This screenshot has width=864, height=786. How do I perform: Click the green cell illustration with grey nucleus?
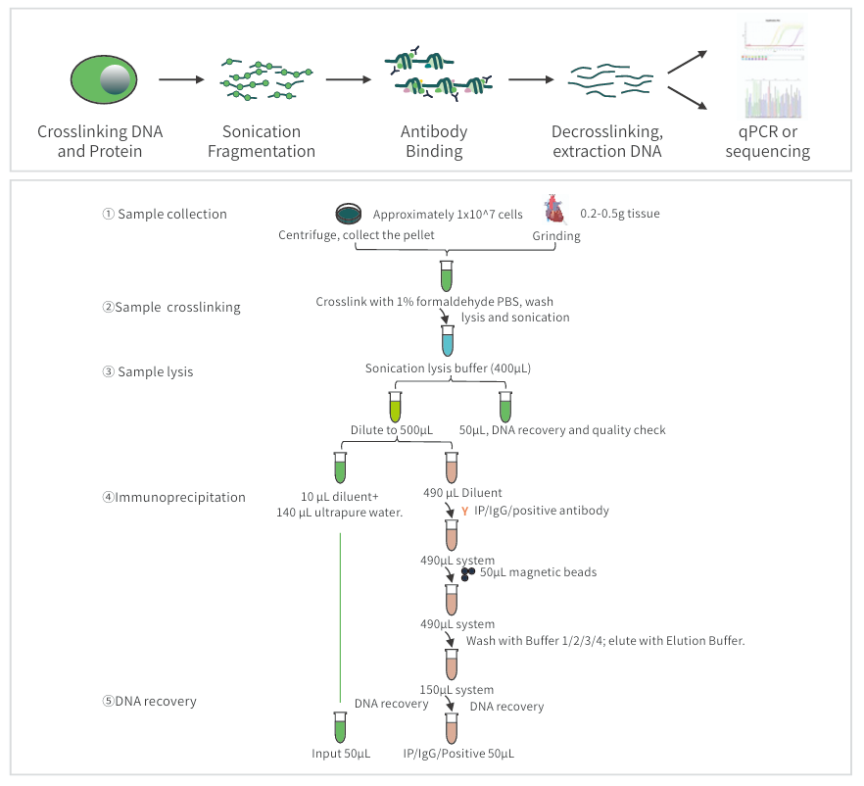click(104, 79)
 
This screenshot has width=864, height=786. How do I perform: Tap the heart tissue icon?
click(554, 210)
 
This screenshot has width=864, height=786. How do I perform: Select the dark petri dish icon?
click(349, 214)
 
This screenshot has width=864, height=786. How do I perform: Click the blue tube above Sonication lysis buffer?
click(448, 341)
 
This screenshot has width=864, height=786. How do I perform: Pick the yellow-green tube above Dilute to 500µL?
click(395, 407)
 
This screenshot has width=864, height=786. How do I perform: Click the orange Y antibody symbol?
click(464, 512)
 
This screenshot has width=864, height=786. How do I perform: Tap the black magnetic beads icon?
click(467, 573)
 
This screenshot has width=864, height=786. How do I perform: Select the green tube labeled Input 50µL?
click(340, 727)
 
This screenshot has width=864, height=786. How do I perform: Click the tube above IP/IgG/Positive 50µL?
click(452, 728)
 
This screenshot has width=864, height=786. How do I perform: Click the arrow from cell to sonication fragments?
click(181, 79)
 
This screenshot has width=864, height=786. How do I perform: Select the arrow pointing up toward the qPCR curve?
click(687, 62)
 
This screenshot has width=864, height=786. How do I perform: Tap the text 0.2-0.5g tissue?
click(620, 214)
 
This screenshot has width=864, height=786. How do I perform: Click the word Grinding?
click(556, 236)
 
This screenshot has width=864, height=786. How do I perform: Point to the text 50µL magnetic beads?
click(538, 572)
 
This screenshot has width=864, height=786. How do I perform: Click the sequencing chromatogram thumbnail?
click(773, 98)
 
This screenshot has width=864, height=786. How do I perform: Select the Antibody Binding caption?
click(434, 141)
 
